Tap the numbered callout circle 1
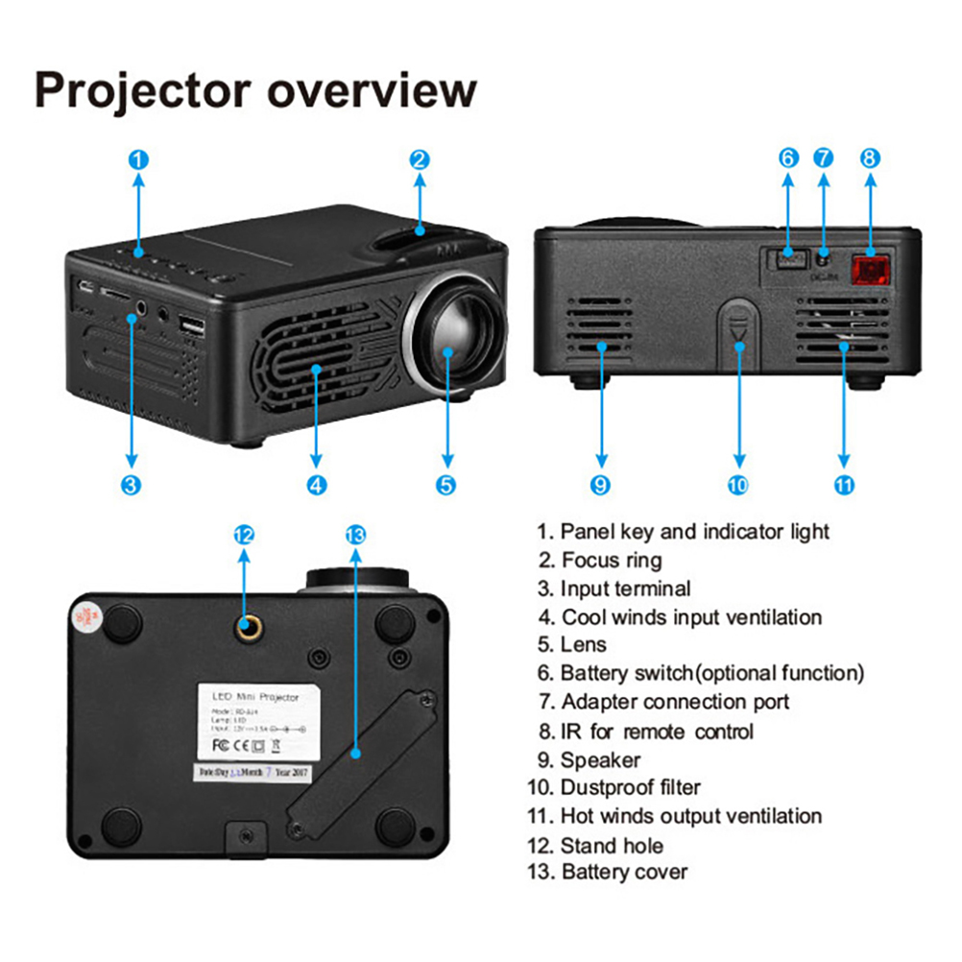tap(138, 159)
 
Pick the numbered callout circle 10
tap(737, 485)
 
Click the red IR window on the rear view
tap(870, 272)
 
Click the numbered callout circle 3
tap(132, 485)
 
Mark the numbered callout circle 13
tap(354, 535)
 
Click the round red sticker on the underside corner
tap(85, 616)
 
